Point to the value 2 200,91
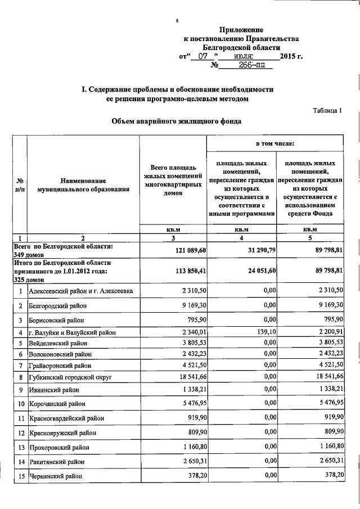327,332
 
